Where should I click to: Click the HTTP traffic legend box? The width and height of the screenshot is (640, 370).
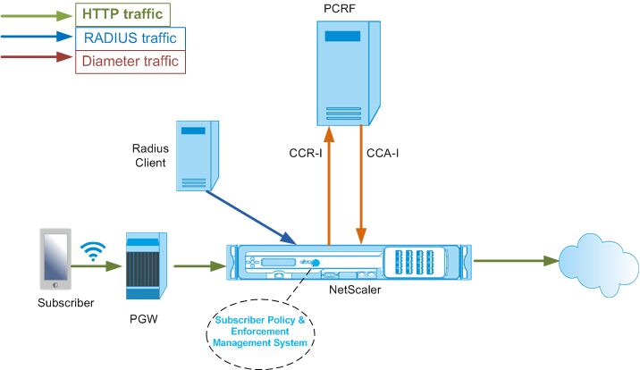[122, 14]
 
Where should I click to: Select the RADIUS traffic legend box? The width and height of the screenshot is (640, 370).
[131, 38]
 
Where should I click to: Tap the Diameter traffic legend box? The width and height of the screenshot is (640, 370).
[131, 62]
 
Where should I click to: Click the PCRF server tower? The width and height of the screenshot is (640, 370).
[349, 73]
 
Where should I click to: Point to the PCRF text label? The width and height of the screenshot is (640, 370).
[340, 9]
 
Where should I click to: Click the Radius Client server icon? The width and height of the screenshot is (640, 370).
[198, 156]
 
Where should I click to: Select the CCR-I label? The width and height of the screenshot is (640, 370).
[306, 154]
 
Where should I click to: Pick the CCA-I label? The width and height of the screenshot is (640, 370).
[383, 154]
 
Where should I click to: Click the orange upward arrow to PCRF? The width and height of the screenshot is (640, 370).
[329, 186]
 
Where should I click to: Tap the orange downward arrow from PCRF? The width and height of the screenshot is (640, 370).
[361, 184]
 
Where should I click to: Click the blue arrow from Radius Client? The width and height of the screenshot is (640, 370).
[251, 217]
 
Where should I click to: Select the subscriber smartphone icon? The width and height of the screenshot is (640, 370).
[55, 259]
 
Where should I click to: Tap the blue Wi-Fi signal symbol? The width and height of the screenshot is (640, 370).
[93, 251]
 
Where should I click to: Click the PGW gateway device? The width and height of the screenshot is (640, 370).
[147, 265]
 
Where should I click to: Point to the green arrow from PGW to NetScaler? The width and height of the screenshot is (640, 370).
[200, 266]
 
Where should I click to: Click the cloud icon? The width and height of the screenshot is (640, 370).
[598, 265]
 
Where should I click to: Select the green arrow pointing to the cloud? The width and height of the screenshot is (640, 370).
[517, 261]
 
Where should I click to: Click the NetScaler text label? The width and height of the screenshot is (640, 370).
[355, 290]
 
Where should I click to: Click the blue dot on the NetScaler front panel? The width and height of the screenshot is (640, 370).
[316, 263]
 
